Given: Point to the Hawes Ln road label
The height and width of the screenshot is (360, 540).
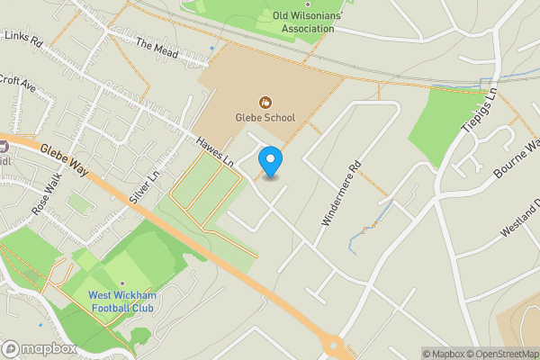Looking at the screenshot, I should pyautogui.click(x=217, y=150).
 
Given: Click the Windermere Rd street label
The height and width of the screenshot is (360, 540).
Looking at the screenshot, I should pyautogui.click(x=342, y=192).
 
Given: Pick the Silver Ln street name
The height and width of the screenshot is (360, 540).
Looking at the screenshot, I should pyautogui.click(x=143, y=187).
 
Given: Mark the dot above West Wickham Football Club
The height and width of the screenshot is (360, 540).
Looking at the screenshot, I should pyautogui.click(x=121, y=283).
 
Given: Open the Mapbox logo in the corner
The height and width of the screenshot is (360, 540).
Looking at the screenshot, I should pyautogui.click(x=39, y=348).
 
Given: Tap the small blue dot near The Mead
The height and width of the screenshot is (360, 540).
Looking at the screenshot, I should pyautogui.click(x=212, y=48).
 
